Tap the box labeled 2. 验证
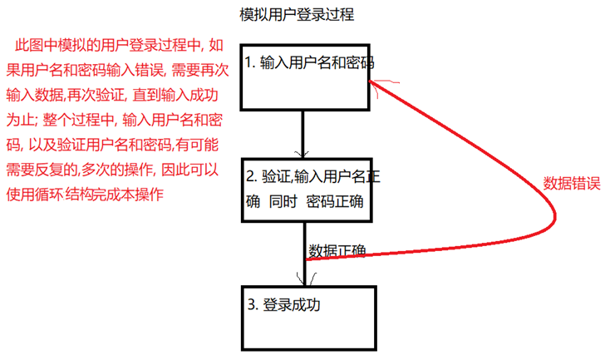306,190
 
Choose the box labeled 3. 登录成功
306,320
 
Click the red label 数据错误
572,183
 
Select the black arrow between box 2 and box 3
303,266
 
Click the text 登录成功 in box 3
291,304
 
